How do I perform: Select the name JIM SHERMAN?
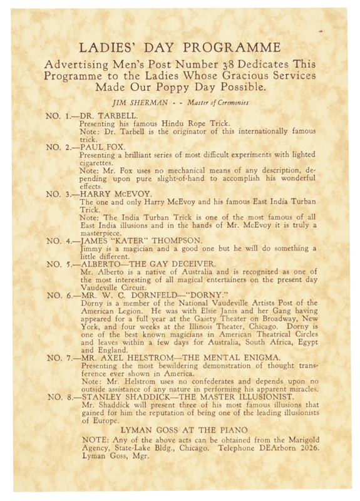139,102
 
